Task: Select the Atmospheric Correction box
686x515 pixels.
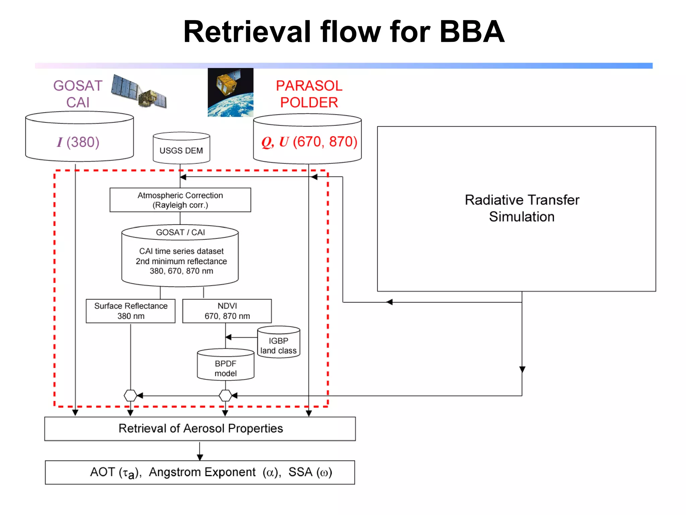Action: (x=180, y=200)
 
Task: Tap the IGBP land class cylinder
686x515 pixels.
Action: (x=278, y=343)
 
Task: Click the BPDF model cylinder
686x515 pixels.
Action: (x=225, y=366)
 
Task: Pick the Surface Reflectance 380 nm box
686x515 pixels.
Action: (x=131, y=311)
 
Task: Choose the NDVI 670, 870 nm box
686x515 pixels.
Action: (x=227, y=311)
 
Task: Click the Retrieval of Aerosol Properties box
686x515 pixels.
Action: (x=200, y=428)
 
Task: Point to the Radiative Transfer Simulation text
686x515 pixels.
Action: (x=522, y=208)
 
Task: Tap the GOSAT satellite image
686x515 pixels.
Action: (x=139, y=91)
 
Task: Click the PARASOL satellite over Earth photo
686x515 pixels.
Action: (x=230, y=92)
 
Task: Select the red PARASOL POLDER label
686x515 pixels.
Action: (x=309, y=94)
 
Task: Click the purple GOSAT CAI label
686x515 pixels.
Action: (x=78, y=94)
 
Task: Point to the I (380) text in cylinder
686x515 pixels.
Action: (x=78, y=142)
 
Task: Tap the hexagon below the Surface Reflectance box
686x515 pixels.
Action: (x=130, y=396)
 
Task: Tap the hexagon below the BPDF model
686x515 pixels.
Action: (x=225, y=396)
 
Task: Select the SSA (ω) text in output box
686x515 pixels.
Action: (x=310, y=472)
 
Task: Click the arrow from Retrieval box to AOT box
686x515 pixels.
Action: (x=200, y=451)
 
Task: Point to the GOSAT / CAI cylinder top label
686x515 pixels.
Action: (x=180, y=232)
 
